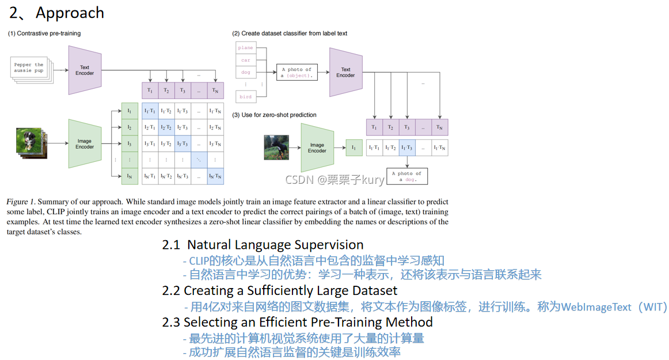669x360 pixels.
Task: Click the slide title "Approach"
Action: (70, 13)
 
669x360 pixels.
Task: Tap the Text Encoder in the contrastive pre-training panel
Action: (85, 70)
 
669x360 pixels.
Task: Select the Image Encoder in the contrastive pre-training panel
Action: (85, 143)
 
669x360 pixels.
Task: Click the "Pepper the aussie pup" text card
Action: (29, 68)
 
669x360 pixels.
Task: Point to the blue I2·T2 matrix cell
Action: (166, 127)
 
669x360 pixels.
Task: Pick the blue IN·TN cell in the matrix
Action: (215, 176)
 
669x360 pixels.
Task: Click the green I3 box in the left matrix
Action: (130, 143)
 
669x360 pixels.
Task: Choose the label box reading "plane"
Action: (246, 48)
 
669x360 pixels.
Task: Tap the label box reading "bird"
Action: (246, 97)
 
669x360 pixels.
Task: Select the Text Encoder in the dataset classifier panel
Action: (345, 73)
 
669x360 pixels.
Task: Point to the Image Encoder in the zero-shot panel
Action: (317, 148)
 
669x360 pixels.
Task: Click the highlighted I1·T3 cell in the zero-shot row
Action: (406, 148)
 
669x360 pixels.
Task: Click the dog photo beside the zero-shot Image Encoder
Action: (276, 147)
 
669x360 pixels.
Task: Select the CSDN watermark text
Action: (334, 180)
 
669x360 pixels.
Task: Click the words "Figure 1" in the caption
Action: (21, 202)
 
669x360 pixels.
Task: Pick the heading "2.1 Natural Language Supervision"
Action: (263, 245)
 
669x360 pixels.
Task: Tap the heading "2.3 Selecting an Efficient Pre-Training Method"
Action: (297, 321)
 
